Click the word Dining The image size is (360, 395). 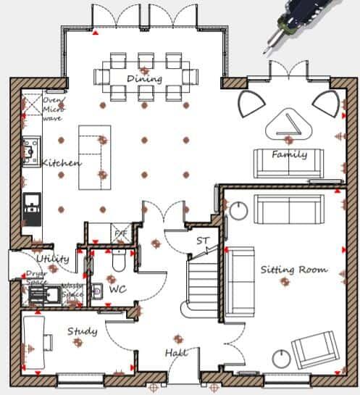pos(144,79)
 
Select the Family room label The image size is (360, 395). pos(289,154)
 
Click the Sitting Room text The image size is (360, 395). pos(293,270)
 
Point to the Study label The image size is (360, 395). pos(82,332)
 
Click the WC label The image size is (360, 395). pos(117,289)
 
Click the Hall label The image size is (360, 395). pos(176,352)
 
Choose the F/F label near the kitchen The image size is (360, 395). pos(120,233)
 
